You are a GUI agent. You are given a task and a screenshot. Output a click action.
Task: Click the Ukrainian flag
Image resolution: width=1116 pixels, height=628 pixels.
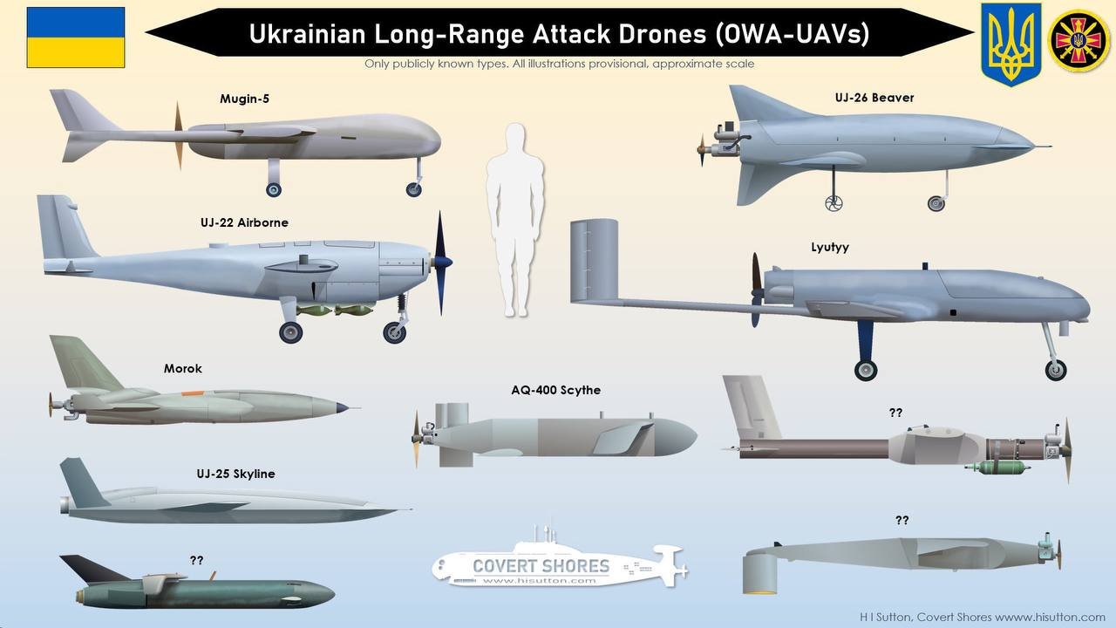point(76,38)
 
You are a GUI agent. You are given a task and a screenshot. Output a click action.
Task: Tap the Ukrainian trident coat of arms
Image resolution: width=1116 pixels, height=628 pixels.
point(1011,43)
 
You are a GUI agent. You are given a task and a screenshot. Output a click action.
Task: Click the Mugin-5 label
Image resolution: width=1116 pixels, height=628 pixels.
point(244,99)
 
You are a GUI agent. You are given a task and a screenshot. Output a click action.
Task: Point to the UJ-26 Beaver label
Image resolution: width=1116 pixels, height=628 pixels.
point(874,98)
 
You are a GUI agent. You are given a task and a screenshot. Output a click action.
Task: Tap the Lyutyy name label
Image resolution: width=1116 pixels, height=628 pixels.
point(829,247)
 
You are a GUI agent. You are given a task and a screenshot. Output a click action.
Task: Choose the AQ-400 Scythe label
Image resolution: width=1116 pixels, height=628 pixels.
point(555,390)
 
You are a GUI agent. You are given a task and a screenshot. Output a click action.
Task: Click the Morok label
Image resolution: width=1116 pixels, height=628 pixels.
point(182,368)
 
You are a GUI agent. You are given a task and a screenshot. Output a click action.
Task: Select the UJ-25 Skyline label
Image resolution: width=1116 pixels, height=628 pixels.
point(235,474)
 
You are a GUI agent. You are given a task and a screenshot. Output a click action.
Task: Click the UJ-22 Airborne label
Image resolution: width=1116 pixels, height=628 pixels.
point(244,222)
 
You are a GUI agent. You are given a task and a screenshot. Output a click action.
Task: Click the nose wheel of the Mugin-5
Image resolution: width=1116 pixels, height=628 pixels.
point(413,188)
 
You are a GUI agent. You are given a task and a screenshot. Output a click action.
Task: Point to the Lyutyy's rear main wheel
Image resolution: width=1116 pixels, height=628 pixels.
point(866,370)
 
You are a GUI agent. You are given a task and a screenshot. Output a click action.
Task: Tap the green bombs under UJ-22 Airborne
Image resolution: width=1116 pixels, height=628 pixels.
point(336,310)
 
